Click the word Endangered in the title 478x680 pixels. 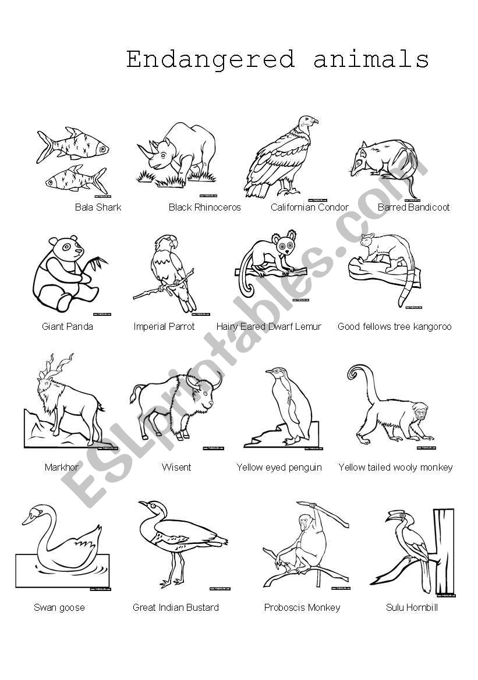pyautogui.click(x=210, y=59)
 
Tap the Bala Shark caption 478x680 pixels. pyautogui.click(x=98, y=207)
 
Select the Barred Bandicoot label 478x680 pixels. pyautogui.click(x=413, y=207)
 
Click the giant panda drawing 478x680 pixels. pyautogui.click(x=64, y=273)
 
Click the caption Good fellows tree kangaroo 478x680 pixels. pyautogui.click(x=394, y=326)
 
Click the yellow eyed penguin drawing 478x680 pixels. pyautogui.click(x=288, y=407)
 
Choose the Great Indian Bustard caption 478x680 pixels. pyautogui.click(x=176, y=607)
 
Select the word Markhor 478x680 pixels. pyautogui.click(x=61, y=467)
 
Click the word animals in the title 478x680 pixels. pyautogui.click(x=371, y=59)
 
